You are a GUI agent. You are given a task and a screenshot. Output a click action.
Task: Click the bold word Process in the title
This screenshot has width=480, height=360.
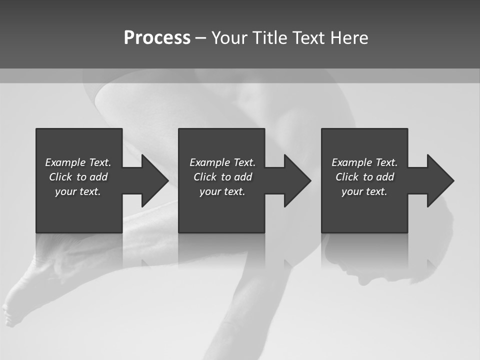(x=157, y=38)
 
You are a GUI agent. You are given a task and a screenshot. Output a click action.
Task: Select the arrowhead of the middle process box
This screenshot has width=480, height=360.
(x=296, y=180)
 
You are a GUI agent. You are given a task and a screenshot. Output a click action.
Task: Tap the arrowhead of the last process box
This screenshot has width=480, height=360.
(x=439, y=180)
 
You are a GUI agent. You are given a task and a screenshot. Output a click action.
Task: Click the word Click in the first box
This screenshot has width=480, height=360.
(x=61, y=177)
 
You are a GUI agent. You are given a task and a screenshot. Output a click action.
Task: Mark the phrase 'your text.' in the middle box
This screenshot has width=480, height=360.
(x=222, y=191)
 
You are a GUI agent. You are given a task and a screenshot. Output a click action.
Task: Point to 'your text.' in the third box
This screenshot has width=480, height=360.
(x=364, y=191)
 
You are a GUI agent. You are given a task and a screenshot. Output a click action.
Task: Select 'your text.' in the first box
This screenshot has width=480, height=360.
(x=77, y=191)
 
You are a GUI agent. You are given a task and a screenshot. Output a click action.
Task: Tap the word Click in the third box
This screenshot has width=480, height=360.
(x=347, y=177)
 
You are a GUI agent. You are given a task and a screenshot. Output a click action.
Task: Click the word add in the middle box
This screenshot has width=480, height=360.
(x=243, y=177)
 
